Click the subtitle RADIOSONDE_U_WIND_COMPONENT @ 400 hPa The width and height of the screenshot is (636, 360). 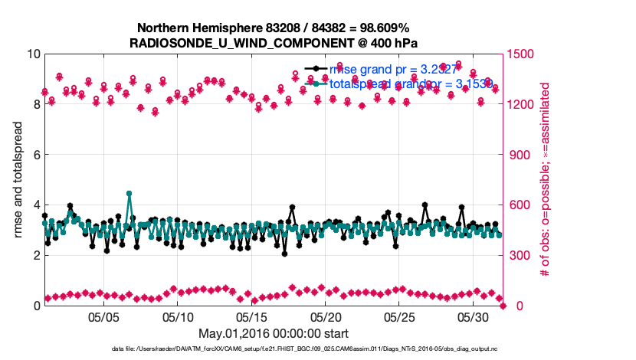(273, 42)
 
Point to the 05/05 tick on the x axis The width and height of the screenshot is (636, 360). (103, 316)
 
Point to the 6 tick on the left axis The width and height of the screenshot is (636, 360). (37, 155)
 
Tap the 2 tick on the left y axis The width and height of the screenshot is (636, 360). (37, 255)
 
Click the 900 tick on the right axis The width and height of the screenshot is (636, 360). (519, 155)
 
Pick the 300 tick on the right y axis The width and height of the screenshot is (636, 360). (519, 255)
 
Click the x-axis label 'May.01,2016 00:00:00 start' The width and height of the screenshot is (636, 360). (273, 333)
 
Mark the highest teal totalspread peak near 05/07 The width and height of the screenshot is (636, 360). (129, 194)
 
